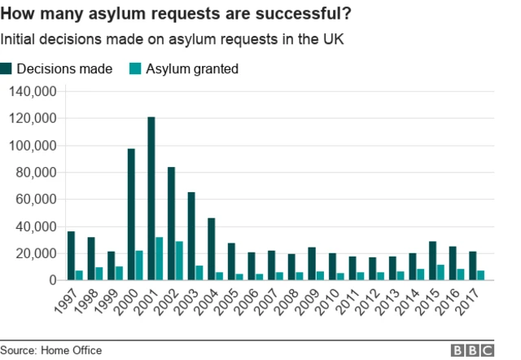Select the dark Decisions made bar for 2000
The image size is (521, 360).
coord(131,214)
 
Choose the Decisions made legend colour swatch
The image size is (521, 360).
coord(7,69)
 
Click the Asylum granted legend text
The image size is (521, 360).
coord(192,69)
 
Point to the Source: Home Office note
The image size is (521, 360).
coord(51,349)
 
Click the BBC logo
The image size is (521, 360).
coord(473,349)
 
